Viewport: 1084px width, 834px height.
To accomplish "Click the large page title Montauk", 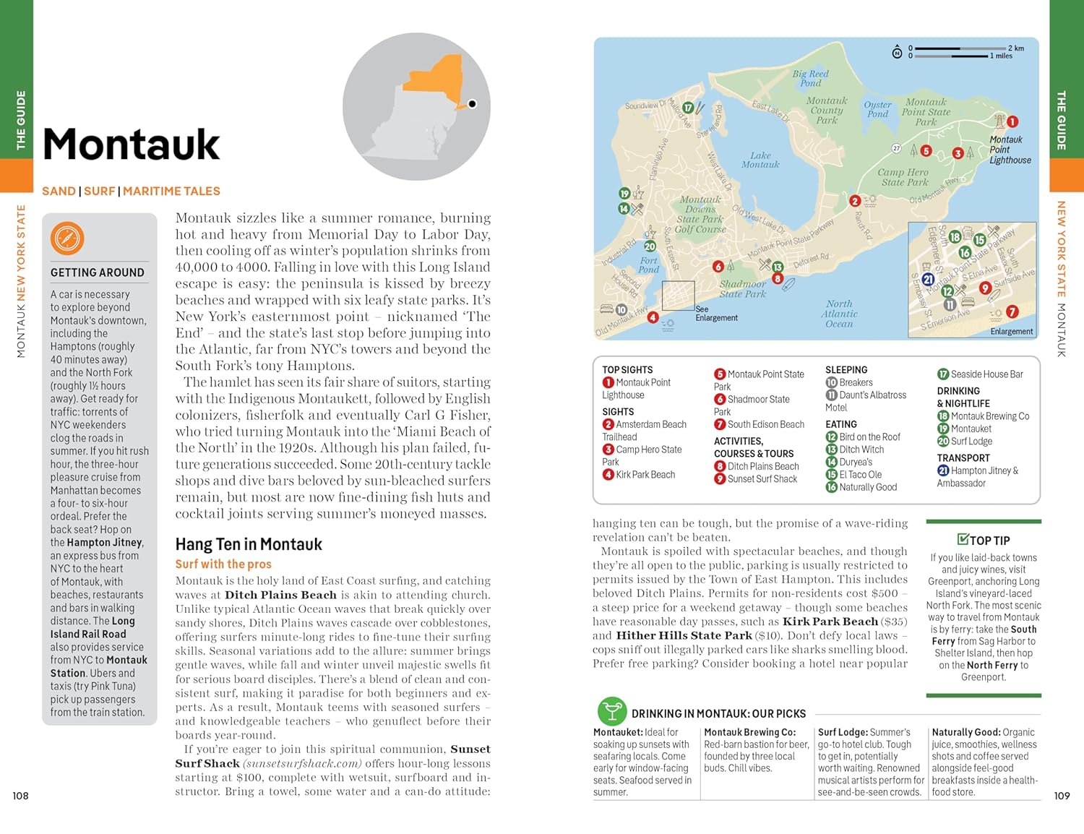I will click(132, 145).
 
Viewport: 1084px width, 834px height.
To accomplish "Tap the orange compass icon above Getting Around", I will click(67, 238).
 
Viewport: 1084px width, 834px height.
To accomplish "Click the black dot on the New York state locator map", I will click(472, 104).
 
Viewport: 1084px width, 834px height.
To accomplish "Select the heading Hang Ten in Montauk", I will click(249, 544).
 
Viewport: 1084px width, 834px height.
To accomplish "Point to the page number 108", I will click(20, 796).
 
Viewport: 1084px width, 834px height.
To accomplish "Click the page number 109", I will click(1062, 796).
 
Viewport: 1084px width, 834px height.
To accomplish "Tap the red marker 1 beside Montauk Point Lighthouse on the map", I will click(1012, 122).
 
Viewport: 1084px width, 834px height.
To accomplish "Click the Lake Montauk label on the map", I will click(760, 160).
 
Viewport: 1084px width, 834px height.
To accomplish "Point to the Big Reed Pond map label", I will click(810, 78).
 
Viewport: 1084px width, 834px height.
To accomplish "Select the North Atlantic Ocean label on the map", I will click(839, 314).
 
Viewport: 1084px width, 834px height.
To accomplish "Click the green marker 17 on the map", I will click(688, 108).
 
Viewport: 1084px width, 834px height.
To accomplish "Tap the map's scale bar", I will click(961, 51).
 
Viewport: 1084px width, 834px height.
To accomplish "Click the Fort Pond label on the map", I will click(648, 265).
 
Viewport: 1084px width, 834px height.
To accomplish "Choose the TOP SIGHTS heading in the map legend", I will click(627, 369).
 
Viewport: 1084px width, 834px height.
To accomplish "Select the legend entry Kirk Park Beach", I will click(645, 475).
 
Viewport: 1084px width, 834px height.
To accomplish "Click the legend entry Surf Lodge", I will click(971, 442).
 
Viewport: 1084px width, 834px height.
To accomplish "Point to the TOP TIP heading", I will click(984, 540).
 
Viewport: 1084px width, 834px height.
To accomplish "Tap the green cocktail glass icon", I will click(611, 712).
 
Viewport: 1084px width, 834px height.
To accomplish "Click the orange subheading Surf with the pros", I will click(223, 564).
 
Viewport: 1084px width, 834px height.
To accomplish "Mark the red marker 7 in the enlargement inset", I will click(1012, 311).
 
